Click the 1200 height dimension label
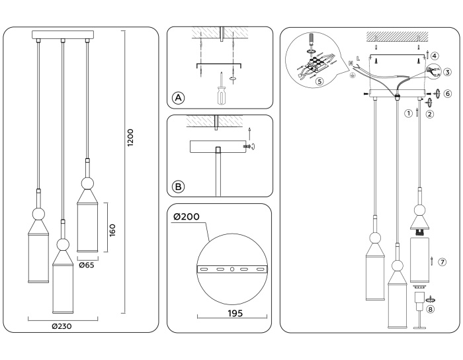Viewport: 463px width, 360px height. click(132, 137)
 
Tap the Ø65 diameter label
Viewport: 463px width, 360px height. click(86, 265)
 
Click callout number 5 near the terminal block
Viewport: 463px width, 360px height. click(319, 83)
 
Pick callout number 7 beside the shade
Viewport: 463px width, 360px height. click(442, 262)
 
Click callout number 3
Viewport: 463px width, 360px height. click(448, 72)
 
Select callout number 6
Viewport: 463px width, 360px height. click(448, 94)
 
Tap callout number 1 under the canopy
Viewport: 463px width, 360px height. click(409, 113)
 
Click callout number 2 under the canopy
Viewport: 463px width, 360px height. click(430, 114)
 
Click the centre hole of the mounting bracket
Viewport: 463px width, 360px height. click(232, 269)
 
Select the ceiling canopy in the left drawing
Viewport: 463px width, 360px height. click(63, 34)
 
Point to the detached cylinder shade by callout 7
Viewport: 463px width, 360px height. click(419, 259)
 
